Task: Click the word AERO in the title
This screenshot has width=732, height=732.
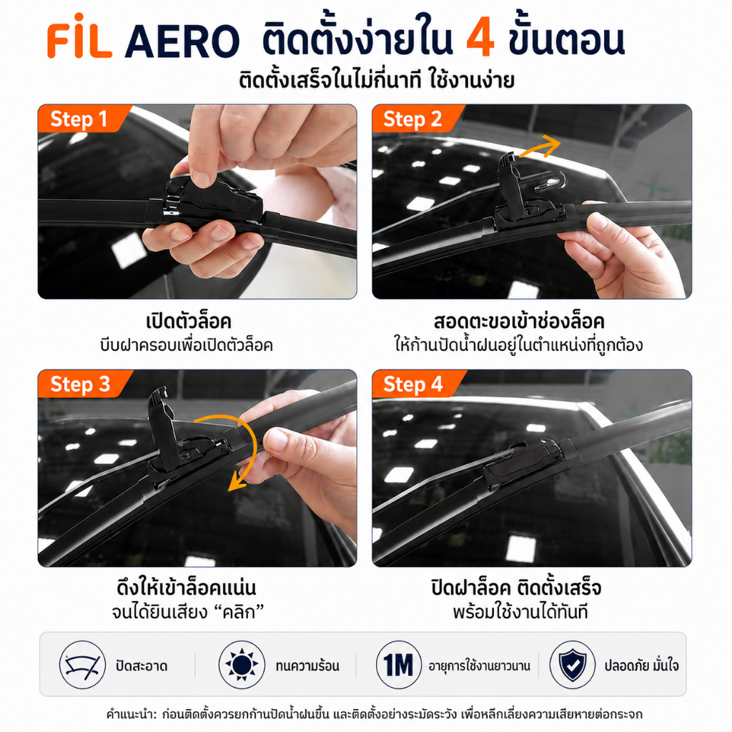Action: coord(182,41)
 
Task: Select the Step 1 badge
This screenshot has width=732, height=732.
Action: coord(79,119)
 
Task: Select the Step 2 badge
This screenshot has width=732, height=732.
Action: coord(412,119)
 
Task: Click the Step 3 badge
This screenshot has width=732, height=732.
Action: coord(80,384)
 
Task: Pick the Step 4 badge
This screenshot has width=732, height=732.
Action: coord(414,384)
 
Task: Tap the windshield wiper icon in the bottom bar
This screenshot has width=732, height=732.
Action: coord(82,665)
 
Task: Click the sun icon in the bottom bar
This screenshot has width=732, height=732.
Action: coord(242,665)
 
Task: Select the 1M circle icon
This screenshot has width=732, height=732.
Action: coord(399,665)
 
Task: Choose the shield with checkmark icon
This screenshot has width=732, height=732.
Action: coord(573,665)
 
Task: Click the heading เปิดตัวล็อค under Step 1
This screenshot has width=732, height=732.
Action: coord(189,321)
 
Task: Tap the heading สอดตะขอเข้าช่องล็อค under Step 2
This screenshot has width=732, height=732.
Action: coord(519,321)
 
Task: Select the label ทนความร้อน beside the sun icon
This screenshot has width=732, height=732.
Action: coord(307,666)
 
